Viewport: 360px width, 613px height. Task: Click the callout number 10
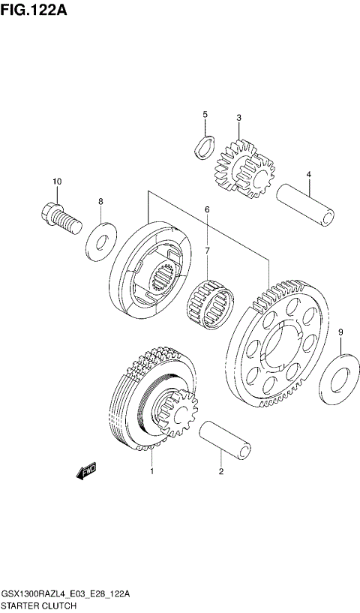click(57, 182)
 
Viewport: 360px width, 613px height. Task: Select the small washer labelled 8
click(100, 238)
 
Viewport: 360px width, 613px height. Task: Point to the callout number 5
click(204, 114)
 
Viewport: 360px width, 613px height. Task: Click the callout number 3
click(238, 118)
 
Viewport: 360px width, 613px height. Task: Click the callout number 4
click(308, 175)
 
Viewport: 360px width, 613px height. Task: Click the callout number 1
click(151, 472)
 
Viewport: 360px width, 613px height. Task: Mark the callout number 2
click(220, 472)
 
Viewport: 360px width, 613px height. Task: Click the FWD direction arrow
click(86, 470)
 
